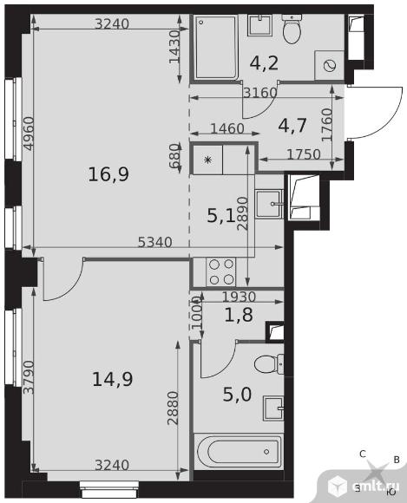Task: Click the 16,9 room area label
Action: [x=108, y=175]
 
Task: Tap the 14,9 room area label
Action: [x=112, y=379]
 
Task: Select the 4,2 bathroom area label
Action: [x=264, y=63]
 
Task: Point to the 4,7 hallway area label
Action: [x=292, y=126]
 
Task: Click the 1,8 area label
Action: [x=239, y=315]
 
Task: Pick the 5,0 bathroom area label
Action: [x=237, y=395]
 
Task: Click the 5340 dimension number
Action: [x=155, y=242]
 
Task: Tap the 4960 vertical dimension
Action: [x=29, y=134]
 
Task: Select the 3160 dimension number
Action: [x=260, y=93]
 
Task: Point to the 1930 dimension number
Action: [x=239, y=297]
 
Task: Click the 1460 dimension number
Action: [x=227, y=128]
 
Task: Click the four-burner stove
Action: [x=220, y=272]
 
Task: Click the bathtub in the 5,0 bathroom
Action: [x=239, y=452]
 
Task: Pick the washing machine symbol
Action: [x=330, y=65]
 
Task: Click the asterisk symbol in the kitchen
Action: [x=208, y=160]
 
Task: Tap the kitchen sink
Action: [x=269, y=204]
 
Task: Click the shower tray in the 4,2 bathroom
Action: [x=216, y=47]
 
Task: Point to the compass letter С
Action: [x=363, y=454]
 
